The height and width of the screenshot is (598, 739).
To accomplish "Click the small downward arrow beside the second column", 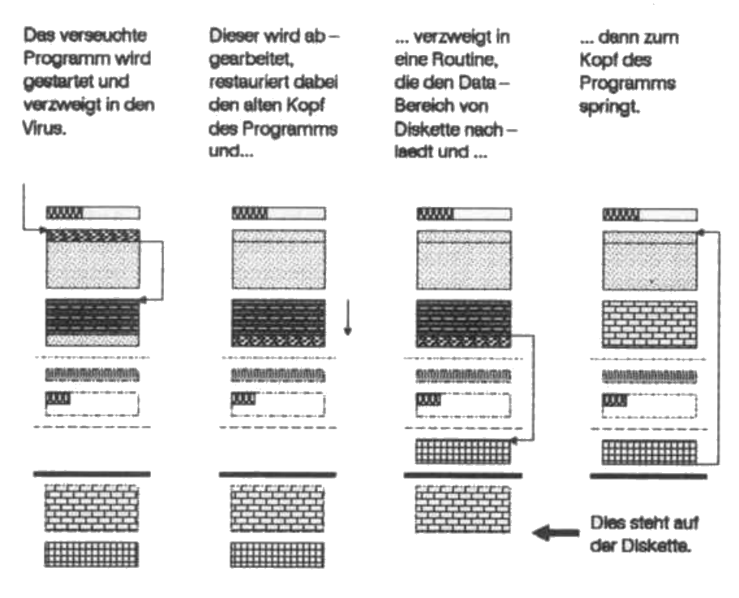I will pyautogui.click(x=348, y=319).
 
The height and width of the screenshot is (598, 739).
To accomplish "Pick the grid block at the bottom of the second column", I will pyautogui.click(x=277, y=554).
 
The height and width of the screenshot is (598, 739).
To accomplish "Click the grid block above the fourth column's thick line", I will pyautogui.click(x=650, y=453).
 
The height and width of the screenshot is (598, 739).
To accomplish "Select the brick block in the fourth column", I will pyautogui.click(x=650, y=324).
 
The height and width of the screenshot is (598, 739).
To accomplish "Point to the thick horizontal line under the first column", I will pyautogui.click(x=92, y=472).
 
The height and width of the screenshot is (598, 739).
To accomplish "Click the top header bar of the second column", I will pyautogui.click(x=278, y=213).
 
